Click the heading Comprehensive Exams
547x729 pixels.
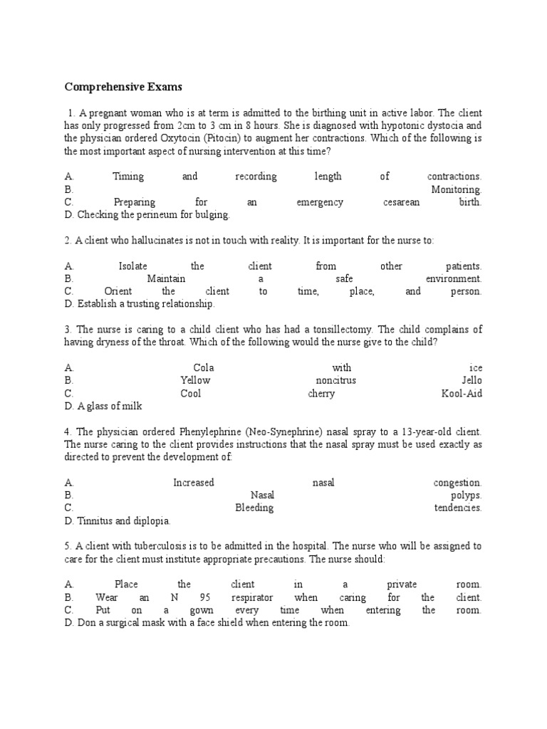123,87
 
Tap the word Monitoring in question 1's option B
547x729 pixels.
456,189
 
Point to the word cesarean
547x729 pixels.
401,202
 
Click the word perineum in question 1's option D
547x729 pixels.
152,214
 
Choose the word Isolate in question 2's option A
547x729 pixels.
133,266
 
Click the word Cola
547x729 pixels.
204,368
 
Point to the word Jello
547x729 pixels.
472,380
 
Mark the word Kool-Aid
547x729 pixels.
462,393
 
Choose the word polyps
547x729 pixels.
466,495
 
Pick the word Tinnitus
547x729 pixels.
97,520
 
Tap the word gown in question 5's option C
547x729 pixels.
202,610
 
